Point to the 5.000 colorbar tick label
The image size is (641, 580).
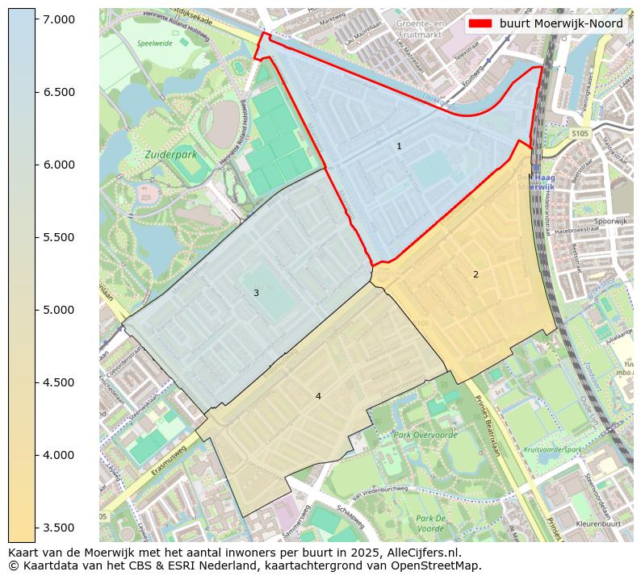tap(59, 310)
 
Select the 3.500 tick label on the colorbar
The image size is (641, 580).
tap(59, 528)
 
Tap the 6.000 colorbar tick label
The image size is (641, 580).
tap(59, 165)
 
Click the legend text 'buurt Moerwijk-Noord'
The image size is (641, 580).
tap(561, 24)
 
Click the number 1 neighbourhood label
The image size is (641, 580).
tap(399, 146)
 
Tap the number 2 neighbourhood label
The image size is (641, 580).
tap(476, 274)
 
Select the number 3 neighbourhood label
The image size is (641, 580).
tap(256, 293)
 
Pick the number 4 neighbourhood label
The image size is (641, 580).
tap(318, 396)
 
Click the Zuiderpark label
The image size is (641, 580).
tap(170, 153)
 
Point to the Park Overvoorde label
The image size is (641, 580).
tap(425, 435)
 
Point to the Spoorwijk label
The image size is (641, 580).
tap(610, 221)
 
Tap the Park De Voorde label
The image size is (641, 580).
tap(432, 523)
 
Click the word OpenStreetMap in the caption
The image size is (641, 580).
tap(438, 565)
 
